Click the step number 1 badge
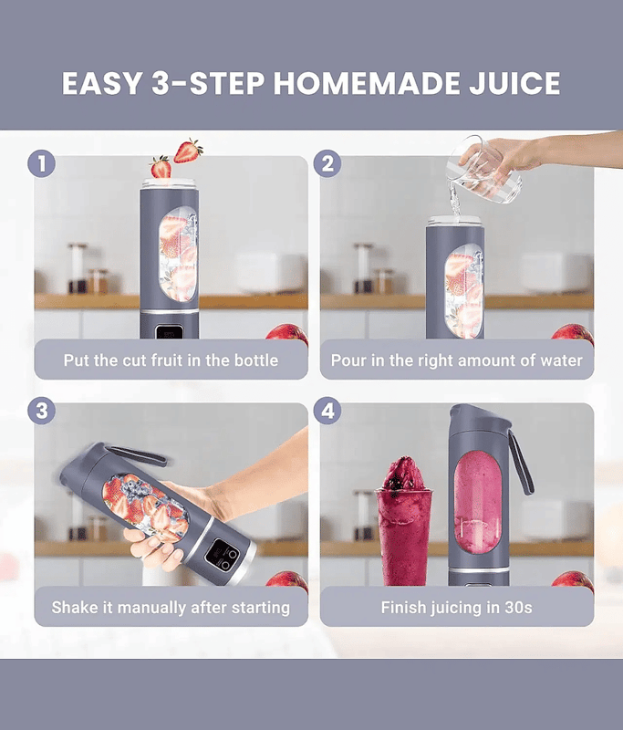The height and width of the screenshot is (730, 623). (x=41, y=164)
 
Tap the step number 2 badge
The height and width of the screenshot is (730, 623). (x=327, y=164)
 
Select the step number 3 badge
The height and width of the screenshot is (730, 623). (x=41, y=411)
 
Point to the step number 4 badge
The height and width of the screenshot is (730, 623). (x=327, y=411)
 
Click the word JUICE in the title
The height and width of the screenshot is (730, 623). (x=514, y=83)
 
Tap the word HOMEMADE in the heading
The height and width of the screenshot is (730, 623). (x=366, y=83)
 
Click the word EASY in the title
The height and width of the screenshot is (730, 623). (x=102, y=83)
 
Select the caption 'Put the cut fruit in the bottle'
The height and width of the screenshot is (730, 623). (x=171, y=360)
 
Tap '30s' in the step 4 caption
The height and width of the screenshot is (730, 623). (x=518, y=608)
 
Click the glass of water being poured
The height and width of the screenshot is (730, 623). (x=483, y=170)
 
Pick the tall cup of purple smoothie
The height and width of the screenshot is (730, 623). (x=403, y=521)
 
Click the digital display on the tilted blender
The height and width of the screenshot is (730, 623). (x=217, y=553)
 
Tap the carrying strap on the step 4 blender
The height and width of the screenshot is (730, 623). (x=521, y=463)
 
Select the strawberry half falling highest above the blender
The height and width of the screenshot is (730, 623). (x=188, y=151)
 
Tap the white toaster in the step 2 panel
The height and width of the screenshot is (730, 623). (x=556, y=273)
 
